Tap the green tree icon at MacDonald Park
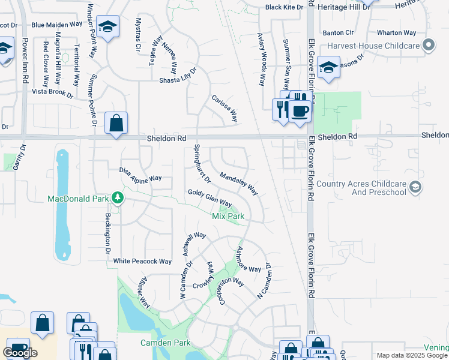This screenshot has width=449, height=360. click(x=118, y=198)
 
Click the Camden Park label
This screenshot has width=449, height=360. click(x=165, y=343)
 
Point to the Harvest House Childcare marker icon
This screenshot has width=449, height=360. click(x=428, y=45)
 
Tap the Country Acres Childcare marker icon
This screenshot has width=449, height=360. click(x=414, y=188)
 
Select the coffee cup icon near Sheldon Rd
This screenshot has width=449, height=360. click(x=300, y=110)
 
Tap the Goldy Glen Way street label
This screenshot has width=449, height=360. click(x=209, y=198)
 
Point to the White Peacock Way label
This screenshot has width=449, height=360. click(x=143, y=261)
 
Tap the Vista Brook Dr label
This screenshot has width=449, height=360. click(x=52, y=93)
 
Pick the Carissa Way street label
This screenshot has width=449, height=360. click(x=224, y=107)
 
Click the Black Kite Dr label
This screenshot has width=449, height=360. click(x=285, y=7)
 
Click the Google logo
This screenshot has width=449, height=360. click(x=20, y=353)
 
